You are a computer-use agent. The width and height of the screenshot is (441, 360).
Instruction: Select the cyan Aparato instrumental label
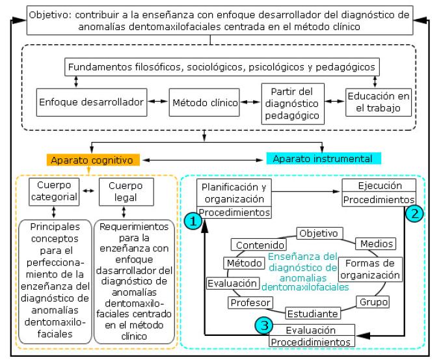tap(323, 159)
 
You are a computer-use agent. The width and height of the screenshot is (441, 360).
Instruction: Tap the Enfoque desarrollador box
tap(91, 102)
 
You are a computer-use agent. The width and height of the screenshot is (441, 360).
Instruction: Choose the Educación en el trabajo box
tap(379, 102)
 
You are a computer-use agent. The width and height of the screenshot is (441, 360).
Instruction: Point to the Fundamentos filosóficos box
tap(222, 66)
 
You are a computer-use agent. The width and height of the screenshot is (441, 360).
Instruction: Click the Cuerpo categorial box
tap(54, 191)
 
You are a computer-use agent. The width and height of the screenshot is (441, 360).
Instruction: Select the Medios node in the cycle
tap(375, 243)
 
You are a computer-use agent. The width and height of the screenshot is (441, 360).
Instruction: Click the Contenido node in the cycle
tap(260, 245)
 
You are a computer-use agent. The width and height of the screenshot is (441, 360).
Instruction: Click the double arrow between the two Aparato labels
tap(205, 159)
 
